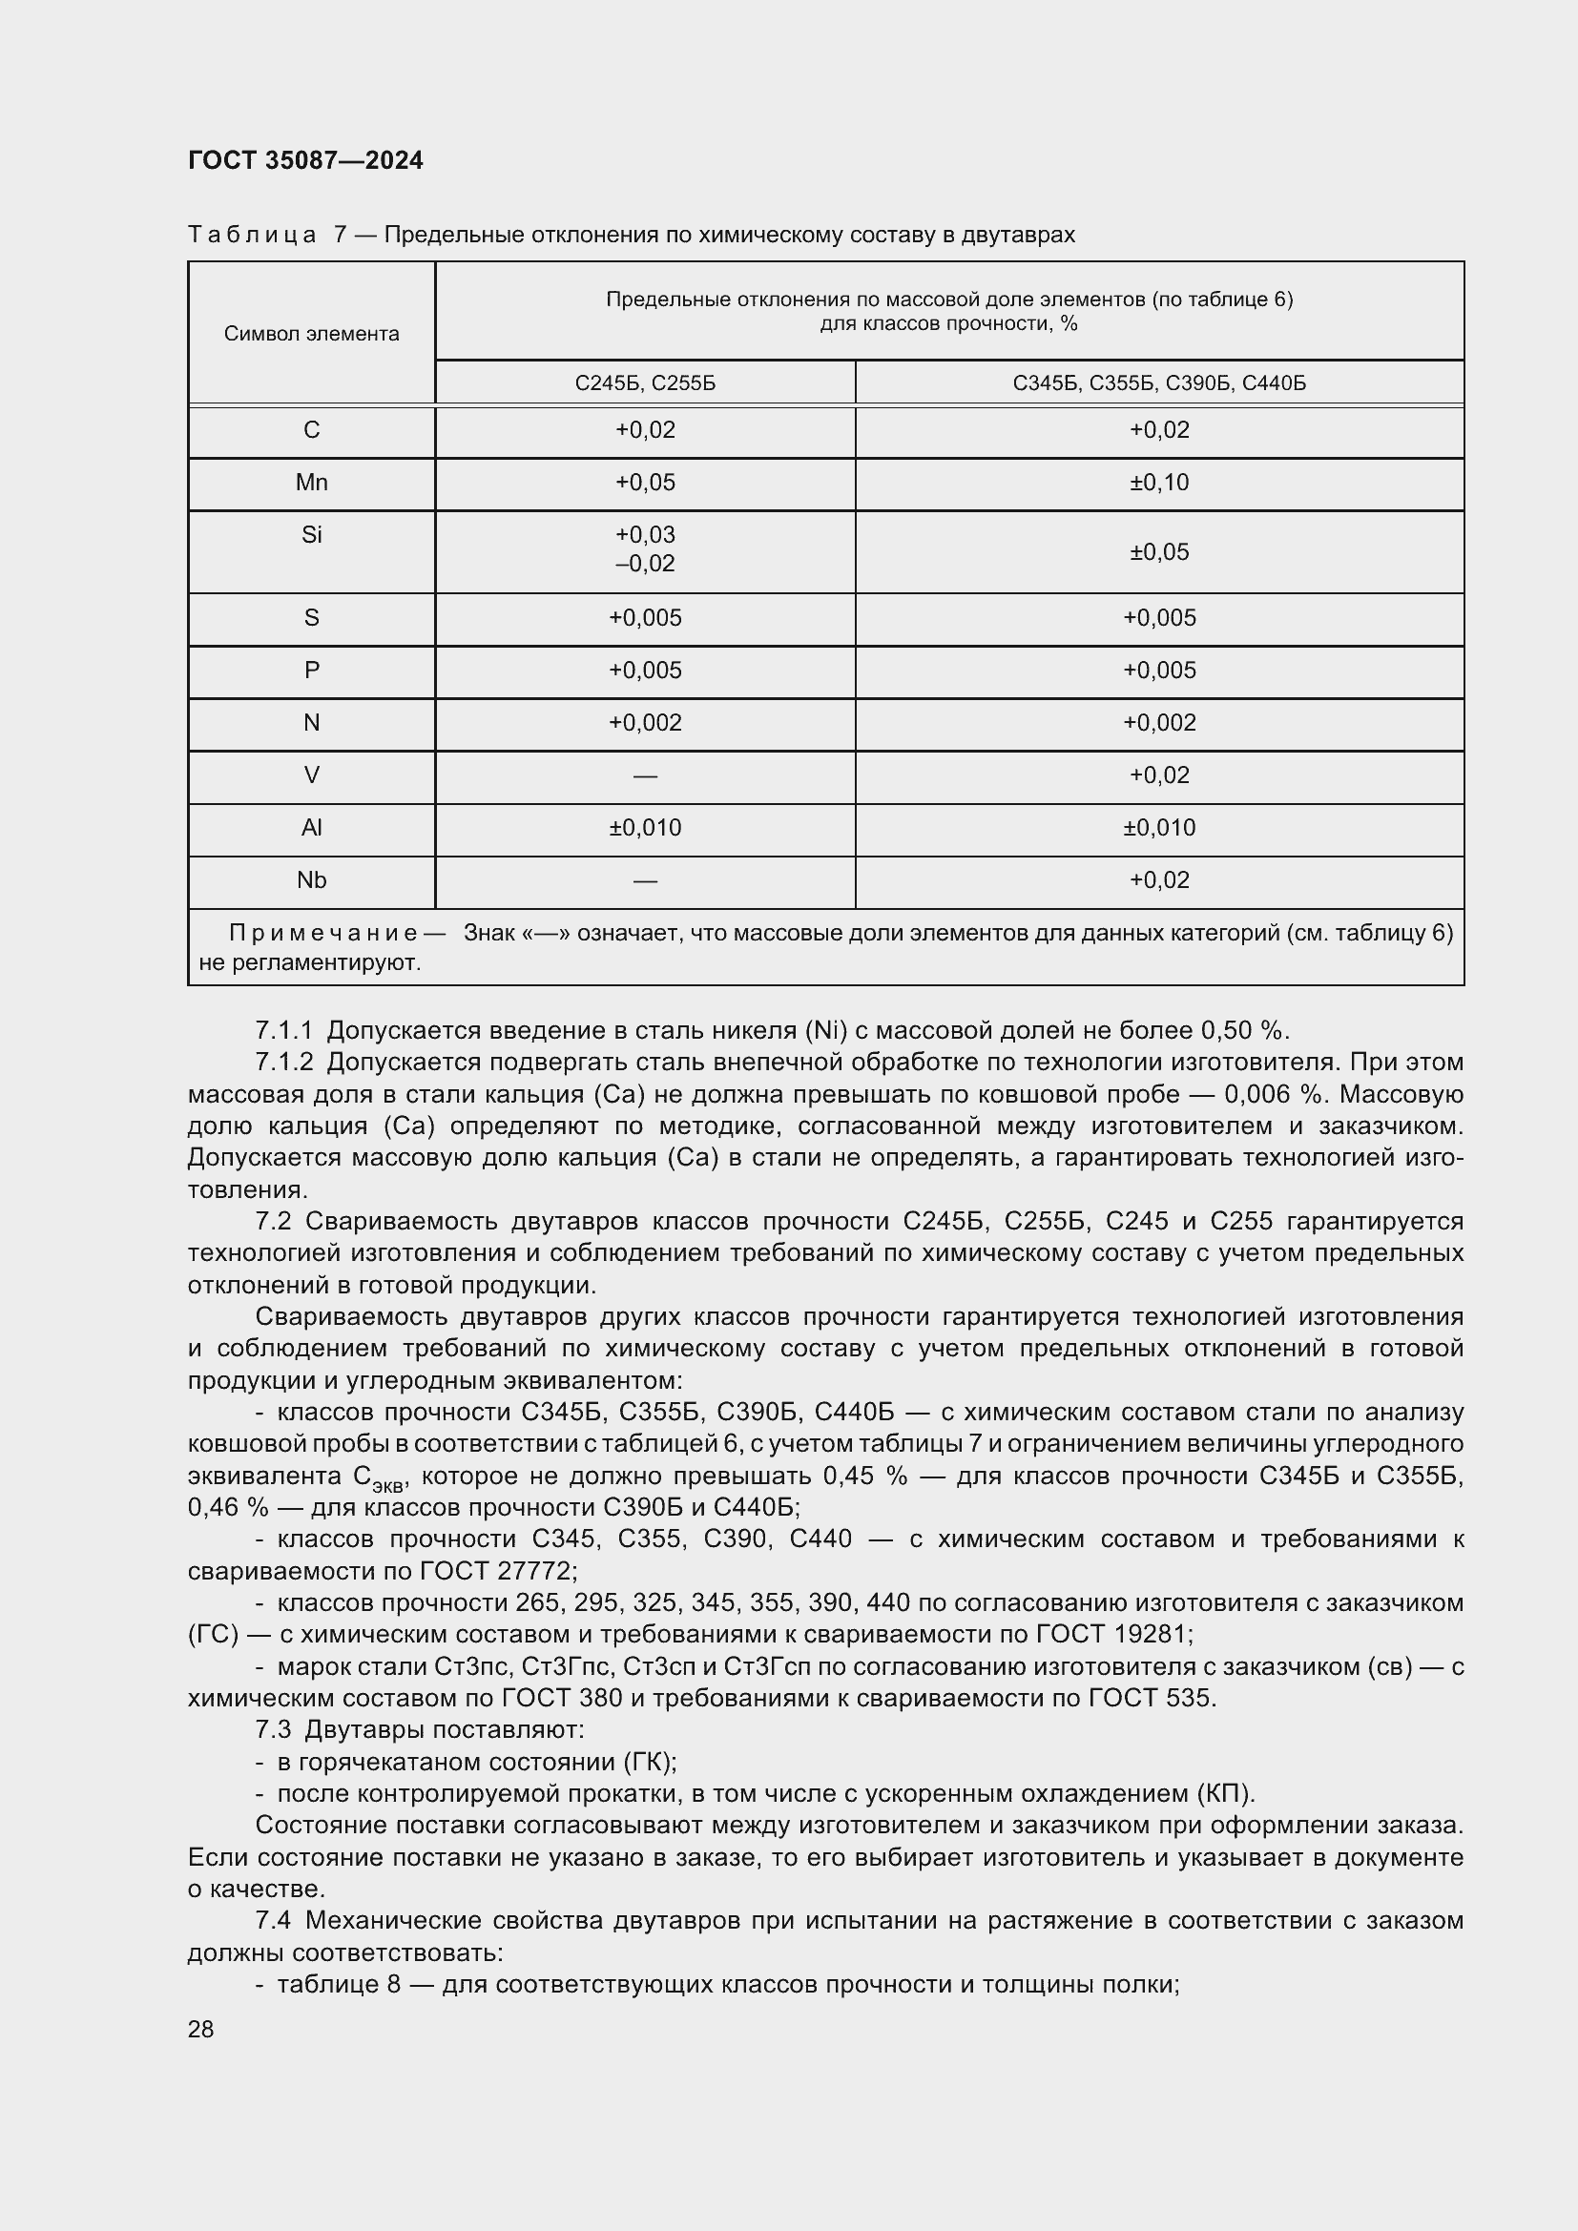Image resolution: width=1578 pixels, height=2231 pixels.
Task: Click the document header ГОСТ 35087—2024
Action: point(305,160)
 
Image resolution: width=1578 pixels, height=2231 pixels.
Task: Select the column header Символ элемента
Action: point(311,333)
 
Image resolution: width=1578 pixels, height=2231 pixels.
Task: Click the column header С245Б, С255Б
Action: point(644,382)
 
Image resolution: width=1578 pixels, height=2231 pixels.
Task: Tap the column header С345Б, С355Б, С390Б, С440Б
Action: point(1158,382)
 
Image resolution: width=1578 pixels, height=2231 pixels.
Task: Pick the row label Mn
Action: point(311,483)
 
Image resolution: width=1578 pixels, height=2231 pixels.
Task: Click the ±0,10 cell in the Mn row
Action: point(1158,483)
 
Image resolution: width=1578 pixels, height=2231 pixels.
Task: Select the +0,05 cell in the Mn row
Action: point(644,483)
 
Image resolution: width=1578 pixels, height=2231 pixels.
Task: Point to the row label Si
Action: point(311,535)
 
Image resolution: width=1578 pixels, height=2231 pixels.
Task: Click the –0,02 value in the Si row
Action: point(644,564)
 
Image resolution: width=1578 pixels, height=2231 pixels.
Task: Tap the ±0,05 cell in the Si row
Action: point(1158,552)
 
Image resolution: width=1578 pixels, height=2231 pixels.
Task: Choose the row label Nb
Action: point(311,880)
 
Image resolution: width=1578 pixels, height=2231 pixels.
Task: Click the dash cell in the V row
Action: point(644,775)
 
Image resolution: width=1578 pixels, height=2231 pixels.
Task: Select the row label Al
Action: point(311,828)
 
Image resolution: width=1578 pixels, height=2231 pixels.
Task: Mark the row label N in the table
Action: point(311,723)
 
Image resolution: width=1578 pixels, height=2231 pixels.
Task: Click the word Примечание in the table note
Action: point(323,934)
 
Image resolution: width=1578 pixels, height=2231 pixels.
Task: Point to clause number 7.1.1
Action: point(283,1031)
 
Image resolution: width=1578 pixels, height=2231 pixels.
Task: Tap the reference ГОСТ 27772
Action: point(497,1571)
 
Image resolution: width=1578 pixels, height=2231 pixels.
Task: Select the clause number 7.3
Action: point(273,1730)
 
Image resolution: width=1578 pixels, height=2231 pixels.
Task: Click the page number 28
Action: point(201,2030)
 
